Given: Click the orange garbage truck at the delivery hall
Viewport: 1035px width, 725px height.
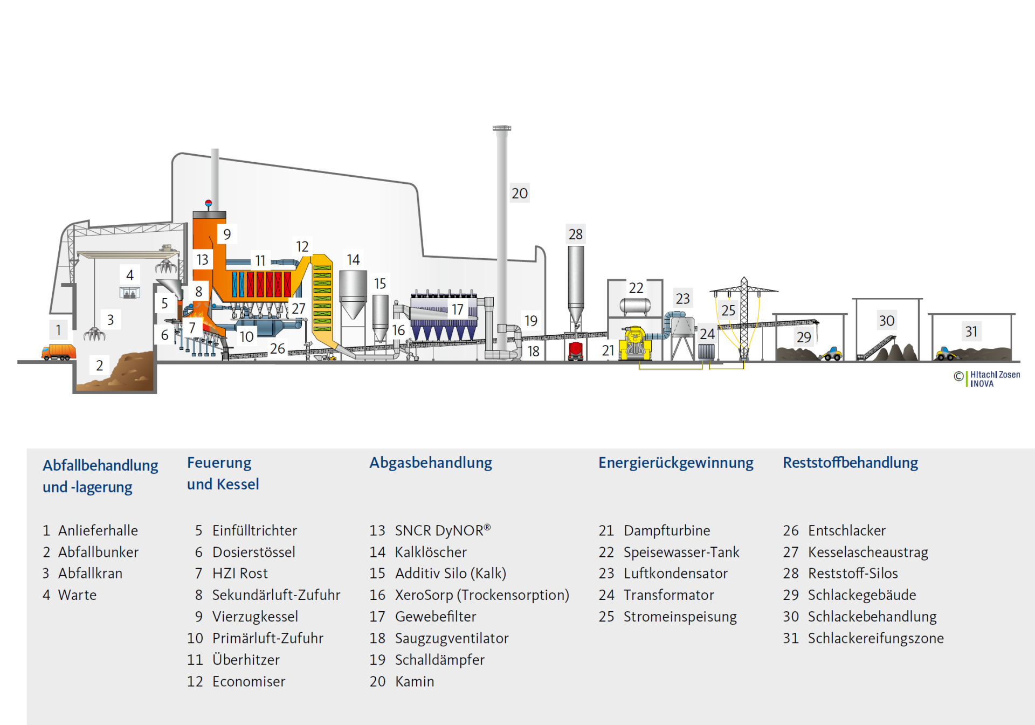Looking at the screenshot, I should (59, 351).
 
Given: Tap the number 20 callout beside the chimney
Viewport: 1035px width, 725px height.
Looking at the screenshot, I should (520, 194).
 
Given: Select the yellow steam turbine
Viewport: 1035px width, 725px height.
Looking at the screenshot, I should (635, 343).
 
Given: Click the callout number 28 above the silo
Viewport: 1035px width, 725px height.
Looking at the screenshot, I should (575, 234).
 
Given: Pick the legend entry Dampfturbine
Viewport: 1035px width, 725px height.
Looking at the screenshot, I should (666, 530).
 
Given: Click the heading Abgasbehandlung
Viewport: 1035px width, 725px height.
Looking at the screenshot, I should (431, 462).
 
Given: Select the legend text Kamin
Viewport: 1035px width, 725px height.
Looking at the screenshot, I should (414, 681).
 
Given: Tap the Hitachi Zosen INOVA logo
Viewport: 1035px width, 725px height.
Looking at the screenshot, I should (989, 378).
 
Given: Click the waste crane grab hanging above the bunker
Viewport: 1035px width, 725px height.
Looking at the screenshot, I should (94, 334).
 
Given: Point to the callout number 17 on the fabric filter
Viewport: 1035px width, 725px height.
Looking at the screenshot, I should (457, 309).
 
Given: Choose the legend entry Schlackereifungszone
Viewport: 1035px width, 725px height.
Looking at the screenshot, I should (875, 638).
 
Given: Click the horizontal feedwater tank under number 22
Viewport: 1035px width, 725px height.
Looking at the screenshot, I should (635, 306).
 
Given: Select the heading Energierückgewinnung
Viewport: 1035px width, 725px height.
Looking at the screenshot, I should (675, 462).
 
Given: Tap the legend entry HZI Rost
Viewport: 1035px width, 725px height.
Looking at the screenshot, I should (239, 574).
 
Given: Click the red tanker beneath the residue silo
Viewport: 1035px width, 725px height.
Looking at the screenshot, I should (576, 350).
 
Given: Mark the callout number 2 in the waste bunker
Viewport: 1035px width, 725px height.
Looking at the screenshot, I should (100, 365).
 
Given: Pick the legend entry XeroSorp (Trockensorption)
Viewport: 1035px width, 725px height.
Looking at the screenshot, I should (481, 595).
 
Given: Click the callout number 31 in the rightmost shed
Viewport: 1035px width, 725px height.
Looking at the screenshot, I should (971, 332).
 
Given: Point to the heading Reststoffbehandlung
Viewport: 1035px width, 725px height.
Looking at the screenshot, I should (850, 462).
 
